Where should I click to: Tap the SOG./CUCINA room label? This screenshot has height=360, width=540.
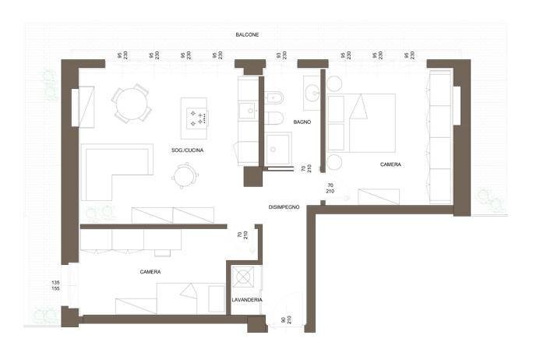tap(188, 150)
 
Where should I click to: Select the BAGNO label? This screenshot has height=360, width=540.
tap(302, 122)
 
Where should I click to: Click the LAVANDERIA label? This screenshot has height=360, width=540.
tap(246, 300)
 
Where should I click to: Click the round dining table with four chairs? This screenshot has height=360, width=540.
tap(132, 102)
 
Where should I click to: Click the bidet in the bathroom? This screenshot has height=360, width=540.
tap(274, 99)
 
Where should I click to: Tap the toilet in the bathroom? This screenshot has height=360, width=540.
tap(274, 118)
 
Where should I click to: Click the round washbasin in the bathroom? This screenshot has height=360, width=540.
tap(311, 92)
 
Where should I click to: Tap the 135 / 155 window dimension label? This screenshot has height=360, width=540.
tap(55, 285)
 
